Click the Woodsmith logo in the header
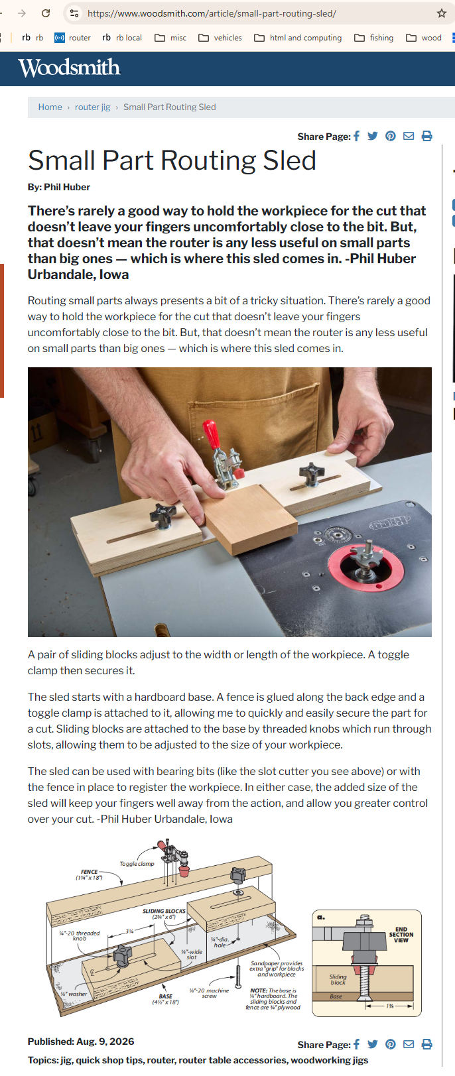[x=69, y=68]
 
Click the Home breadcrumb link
[x=50, y=107]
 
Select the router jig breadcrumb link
[x=92, y=107]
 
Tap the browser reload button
[x=46, y=13]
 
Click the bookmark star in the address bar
[x=442, y=13]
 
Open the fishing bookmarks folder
[x=374, y=38]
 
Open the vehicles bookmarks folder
[x=220, y=38]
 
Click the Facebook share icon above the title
[x=356, y=137]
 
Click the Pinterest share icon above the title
[x=391, y=137]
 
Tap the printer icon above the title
[x=426, y=137]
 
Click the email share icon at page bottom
[x=409, y=1044]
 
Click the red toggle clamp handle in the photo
[x=211, y=434]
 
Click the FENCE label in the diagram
[x=90, y=872]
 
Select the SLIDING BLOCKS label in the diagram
[x=164, y=911]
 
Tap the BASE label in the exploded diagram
[x=166, y=996]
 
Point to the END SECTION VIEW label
[x=401, y=935]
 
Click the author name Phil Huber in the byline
[x=67, y=188]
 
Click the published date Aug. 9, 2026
[x=105, y=1042]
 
